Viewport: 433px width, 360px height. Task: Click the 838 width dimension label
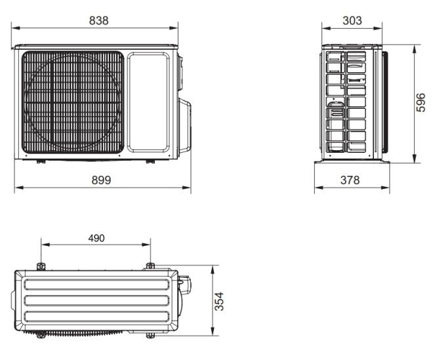[98, 20]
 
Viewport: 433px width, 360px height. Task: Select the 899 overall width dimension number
[101, 180]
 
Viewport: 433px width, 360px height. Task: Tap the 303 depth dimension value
[352, 20]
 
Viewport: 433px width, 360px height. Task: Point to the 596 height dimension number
[421, 102]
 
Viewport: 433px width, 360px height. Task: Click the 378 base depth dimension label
[350, 180]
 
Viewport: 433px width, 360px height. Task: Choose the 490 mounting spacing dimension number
[96, 238]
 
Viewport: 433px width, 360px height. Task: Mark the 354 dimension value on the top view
[219, 301]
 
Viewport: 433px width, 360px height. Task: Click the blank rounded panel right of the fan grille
[148, 102]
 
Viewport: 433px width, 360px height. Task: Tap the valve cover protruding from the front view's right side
[184, 127]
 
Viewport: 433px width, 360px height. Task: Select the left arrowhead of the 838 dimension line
[15, 28]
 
